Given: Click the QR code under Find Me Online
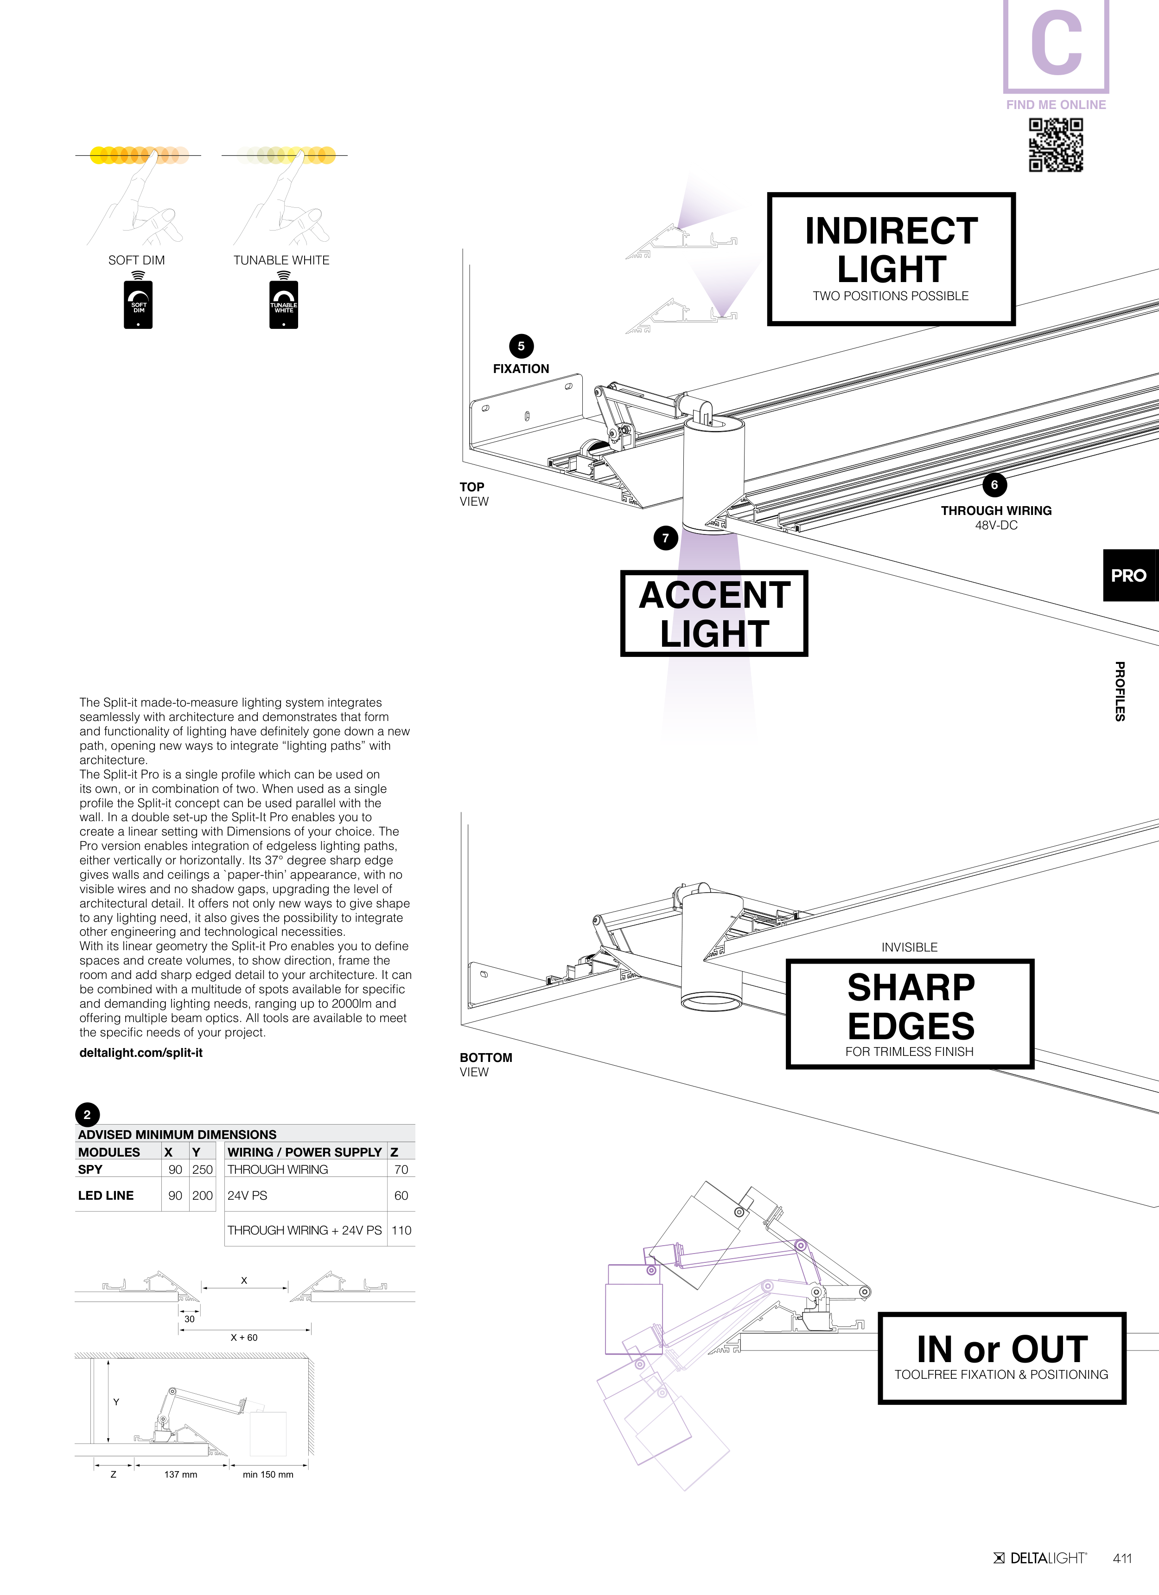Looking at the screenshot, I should pos(1056,145).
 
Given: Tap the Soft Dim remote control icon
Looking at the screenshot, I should pos(139,304).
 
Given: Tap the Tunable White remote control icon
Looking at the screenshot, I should pos(283,304).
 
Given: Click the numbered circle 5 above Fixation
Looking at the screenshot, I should pos(521,346).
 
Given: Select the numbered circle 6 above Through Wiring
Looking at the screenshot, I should pos(994,484).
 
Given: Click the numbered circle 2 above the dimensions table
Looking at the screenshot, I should pos(87,1115).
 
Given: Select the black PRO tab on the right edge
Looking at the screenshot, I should pos(1129,575).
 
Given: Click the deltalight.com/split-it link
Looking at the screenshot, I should pos(140,1053).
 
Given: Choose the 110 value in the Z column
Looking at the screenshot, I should pos(401,1230).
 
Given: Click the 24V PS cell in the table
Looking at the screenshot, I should pos(248,1196).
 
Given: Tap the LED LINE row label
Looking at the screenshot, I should pos(105,1196).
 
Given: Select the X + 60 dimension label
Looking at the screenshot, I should pos(244,1338).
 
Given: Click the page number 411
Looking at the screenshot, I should pos(1122,1558).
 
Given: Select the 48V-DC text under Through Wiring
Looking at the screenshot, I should pos(996,525).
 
